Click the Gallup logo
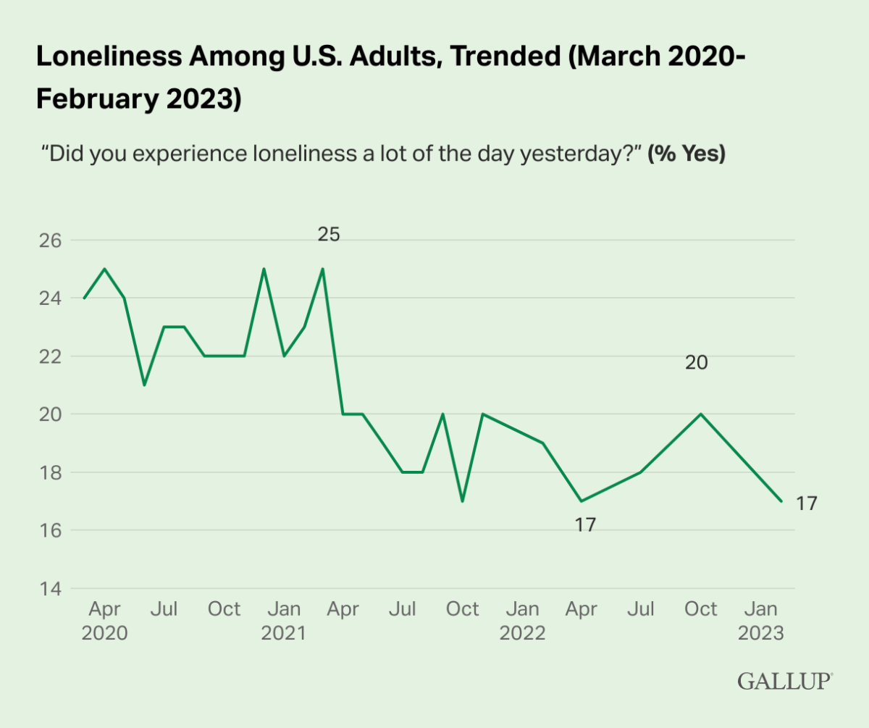tap(785, 682)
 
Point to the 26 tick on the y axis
tap(51, 240)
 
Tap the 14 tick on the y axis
tap(51, 589)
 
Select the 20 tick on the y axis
tap(51, 414)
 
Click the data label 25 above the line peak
tap(329, 235)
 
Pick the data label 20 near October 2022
tap(696, 362)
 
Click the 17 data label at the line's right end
tap(807, 503)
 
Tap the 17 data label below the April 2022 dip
tap(585, 525)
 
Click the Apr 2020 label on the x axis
tap(104, 621)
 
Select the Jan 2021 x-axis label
tap(284, 621)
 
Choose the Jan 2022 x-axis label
tap(522, 621)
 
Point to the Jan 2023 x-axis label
tap(761, 621)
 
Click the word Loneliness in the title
tap(109, 56)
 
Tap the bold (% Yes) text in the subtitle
tap(687, 154)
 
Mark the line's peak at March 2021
tap(323, 269)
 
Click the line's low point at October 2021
tap(463, 501)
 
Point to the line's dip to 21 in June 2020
tap(144, 385)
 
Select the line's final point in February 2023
tap(781, 501)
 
